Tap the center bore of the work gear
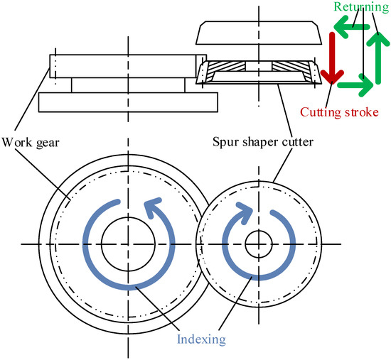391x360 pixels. (128, 244)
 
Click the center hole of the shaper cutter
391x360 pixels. (257, 244)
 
